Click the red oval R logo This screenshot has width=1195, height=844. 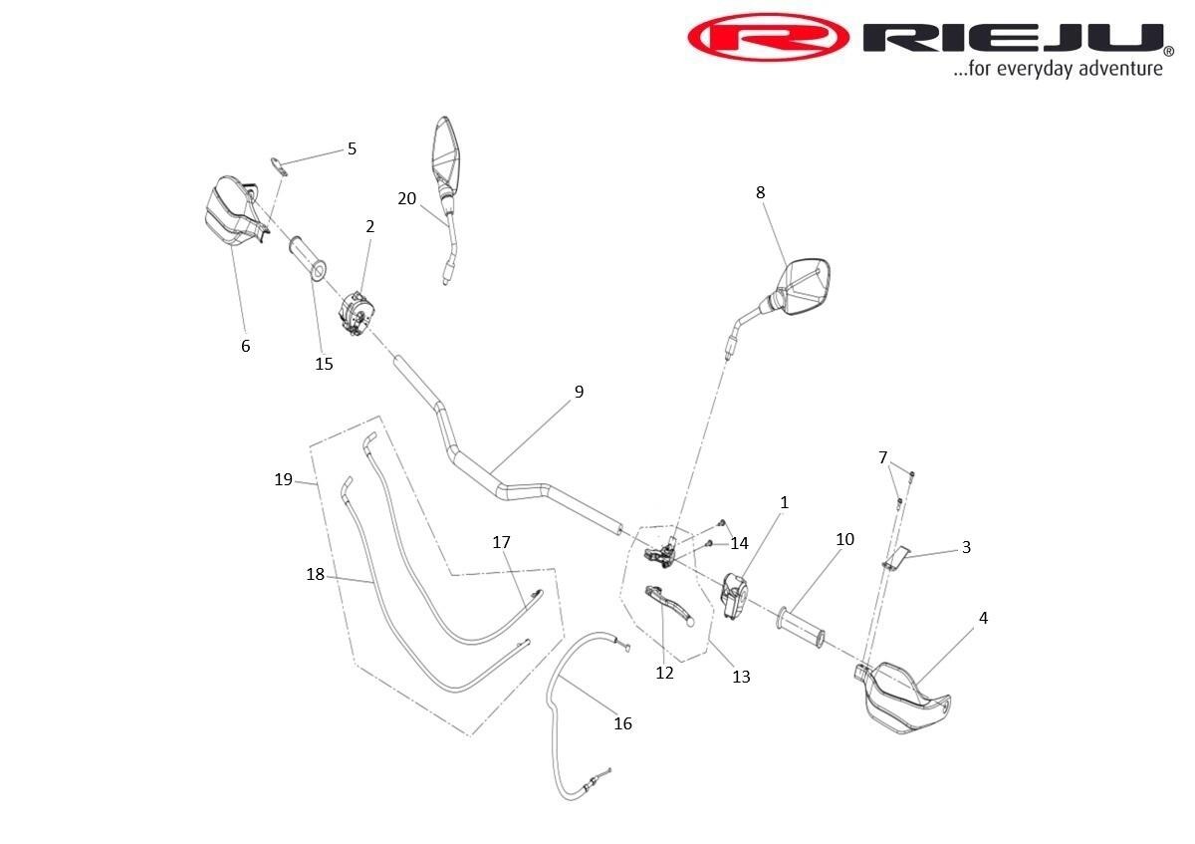[768, 37]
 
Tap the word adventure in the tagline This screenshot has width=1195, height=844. [1115, 69]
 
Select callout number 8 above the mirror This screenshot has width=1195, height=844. [761, 192]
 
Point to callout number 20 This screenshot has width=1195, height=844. [406, 198]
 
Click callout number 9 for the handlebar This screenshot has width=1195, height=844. [579, 392]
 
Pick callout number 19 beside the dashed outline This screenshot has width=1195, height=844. [284, 479]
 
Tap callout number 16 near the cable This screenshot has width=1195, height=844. [622, 723]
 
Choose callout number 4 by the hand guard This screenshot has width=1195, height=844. [983, 618]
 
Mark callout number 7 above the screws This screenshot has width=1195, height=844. [882, 457]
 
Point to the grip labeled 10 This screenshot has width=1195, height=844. [802, 625]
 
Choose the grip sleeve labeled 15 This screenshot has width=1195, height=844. [308, 257]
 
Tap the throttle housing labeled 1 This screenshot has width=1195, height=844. [736, 595]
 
